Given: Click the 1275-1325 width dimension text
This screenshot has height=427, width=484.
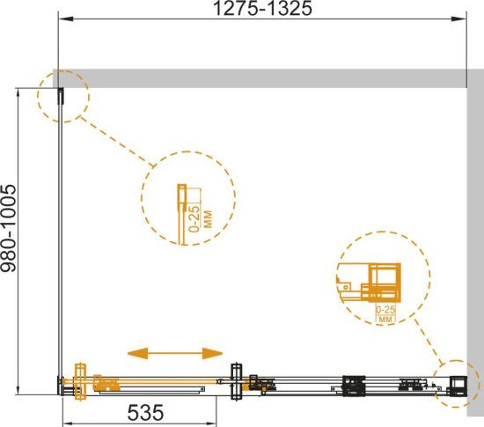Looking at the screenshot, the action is coord(263,8).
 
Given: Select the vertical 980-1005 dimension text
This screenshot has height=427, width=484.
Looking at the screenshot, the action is coord(8,228).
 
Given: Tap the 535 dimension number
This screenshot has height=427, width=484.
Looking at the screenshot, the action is coord(145,413).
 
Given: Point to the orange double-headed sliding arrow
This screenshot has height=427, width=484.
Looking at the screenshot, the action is coord(175,353).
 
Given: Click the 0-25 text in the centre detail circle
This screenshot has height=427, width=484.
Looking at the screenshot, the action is coord(194,218).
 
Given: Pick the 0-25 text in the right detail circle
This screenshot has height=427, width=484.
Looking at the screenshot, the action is coord(385,309).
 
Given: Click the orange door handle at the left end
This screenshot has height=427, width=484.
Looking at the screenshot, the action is coord(80,381).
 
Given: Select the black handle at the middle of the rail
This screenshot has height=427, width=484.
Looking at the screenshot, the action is coord(237,381).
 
